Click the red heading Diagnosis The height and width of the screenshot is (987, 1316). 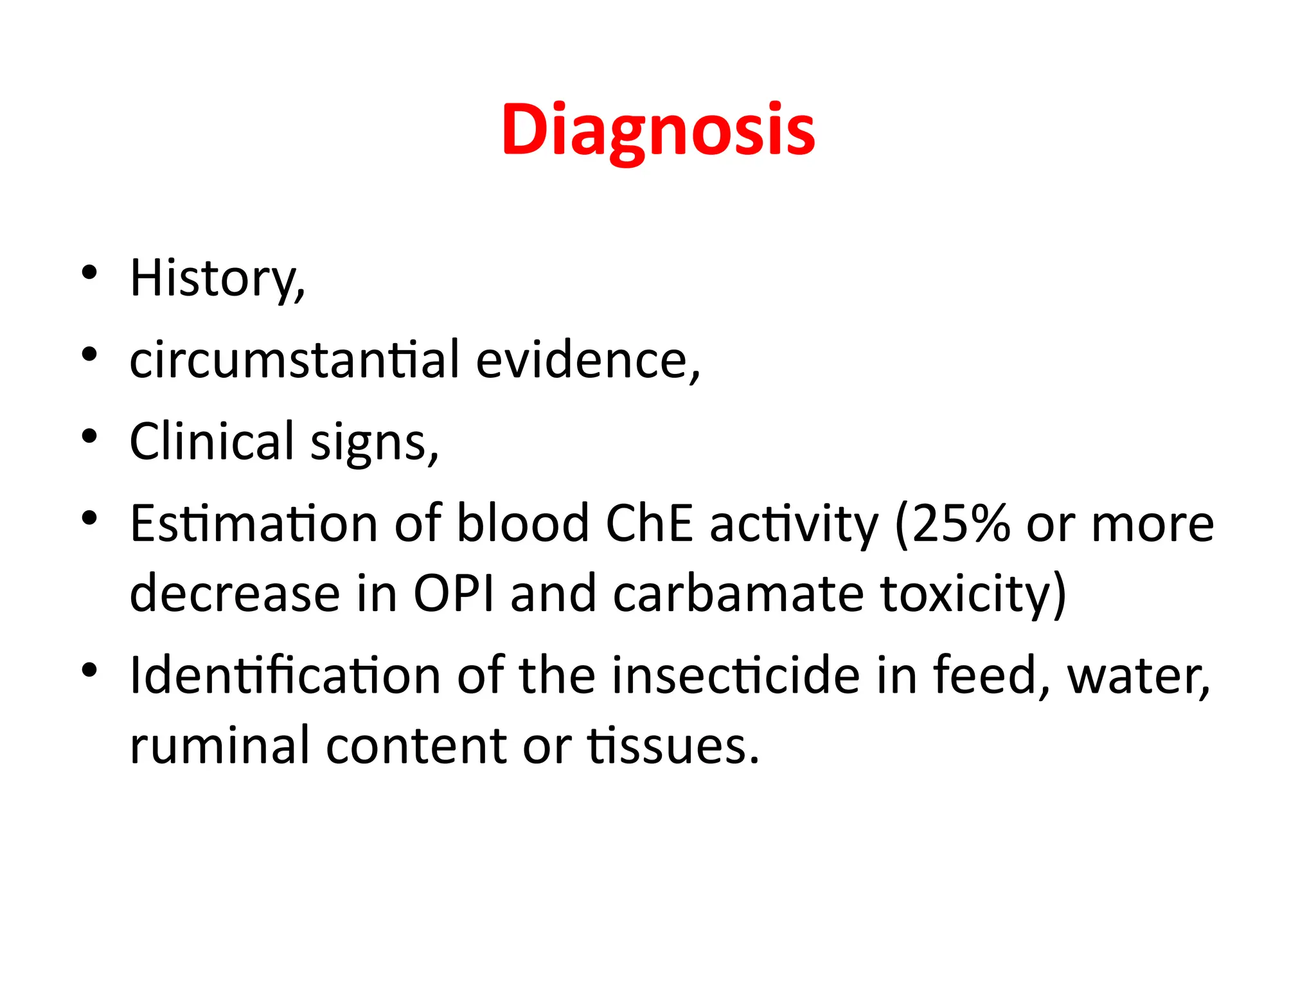(658, 130)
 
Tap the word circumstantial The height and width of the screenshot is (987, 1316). (295, 359)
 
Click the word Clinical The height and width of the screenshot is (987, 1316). (212, 441)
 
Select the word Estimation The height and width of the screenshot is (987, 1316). (254, 523)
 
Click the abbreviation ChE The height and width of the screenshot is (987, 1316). (650, 523)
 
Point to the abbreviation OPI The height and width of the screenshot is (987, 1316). (454, 593)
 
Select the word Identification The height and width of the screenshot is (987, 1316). (285, 675)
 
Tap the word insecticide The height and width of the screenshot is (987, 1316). (736, 675)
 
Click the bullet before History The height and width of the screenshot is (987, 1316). (89, 272)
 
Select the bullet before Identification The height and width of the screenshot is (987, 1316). (89, 670)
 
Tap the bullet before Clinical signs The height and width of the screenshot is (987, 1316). (89, 436)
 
